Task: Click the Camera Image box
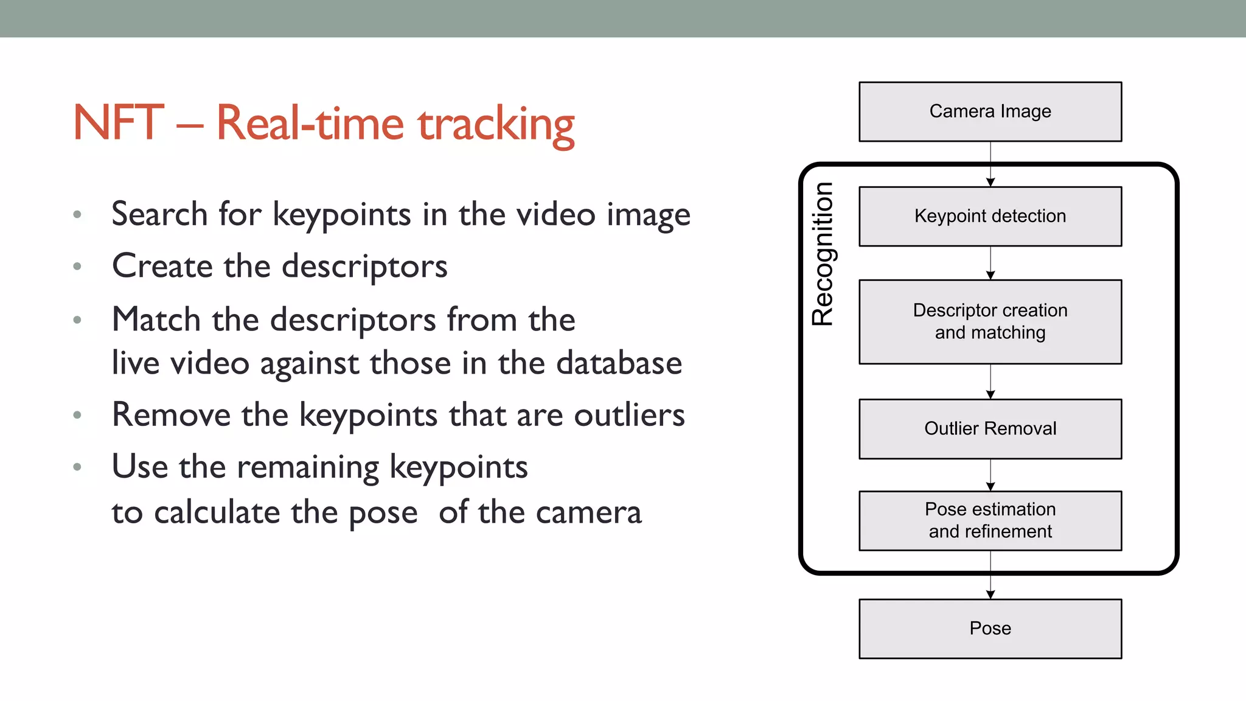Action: coord(990,112)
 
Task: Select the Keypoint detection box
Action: coord(990,217)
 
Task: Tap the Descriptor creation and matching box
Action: coord(990,322)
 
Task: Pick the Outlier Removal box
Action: coord(990,429)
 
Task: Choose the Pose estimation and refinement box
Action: coord(990,521)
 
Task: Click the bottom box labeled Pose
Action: coord(990,629)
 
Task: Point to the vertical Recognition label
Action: coord(823,254)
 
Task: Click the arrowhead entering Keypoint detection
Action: coord(990,182)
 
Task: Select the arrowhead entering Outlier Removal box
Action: coord(990,395)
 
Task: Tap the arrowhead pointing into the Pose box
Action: coord(990,595)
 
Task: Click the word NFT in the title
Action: coord(118,123)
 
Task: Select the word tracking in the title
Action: coord(496,125)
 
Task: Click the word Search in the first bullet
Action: coord(159,214)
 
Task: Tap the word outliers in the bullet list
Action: coord(630,415)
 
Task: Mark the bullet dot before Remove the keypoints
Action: coord(77,416)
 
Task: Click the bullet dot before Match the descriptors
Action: coord(77,320)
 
